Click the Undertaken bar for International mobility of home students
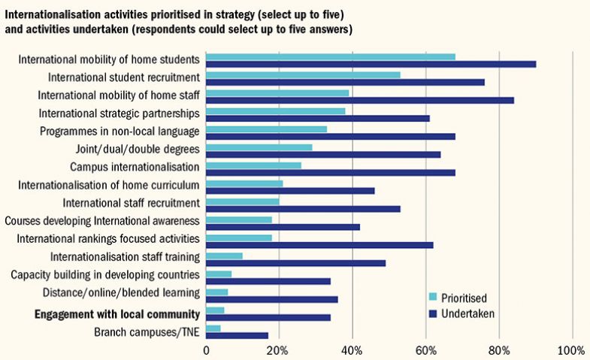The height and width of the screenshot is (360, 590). coord(371,64)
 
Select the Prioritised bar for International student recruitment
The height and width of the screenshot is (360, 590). coord(303,74)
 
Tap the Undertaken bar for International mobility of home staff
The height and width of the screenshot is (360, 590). coord(359,100)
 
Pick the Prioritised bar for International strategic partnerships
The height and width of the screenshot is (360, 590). coord(275,110)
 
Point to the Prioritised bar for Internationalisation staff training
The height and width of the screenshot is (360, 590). coord(224,256)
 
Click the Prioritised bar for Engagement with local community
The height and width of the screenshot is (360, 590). coord(215,310)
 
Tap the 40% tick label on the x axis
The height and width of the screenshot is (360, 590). coord(352,350)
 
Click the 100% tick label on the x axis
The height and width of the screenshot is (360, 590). coord(572,350)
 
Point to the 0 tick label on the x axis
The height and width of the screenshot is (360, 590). coord(206,350)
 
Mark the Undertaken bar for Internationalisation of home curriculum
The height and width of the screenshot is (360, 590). coord(290,190)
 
